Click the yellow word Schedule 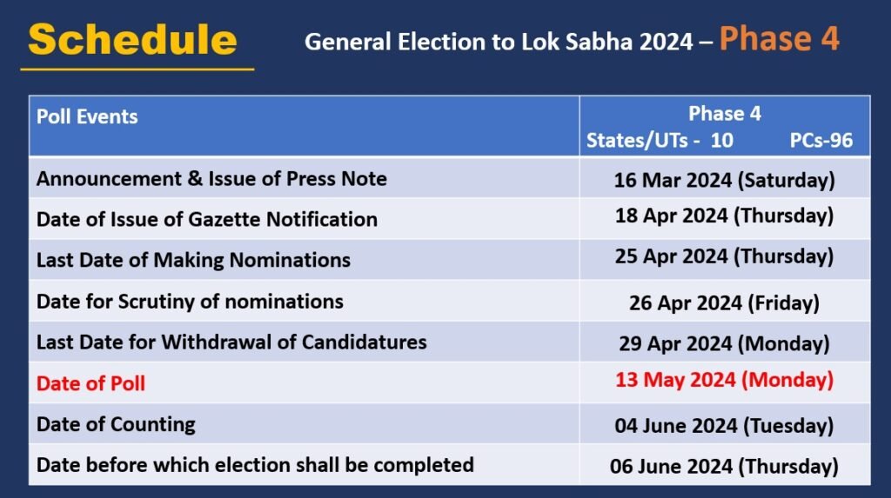click(132, 40)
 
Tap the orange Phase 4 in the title click(779, 39)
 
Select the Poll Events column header click(87, 117)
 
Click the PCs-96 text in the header click(821, 140)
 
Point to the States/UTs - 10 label click(660, 140)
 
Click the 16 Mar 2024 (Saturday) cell click(724, 180)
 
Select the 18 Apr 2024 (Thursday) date click(724, 216)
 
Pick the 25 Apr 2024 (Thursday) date click(724, 257)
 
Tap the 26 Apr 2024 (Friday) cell click(724, 302)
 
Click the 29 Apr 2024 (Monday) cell click(724, 343)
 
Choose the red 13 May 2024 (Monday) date click(724, 380)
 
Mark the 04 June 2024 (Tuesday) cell click(724, 426)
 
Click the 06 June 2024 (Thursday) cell click(724, 466)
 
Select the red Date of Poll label click(90, 383)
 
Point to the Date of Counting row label click(116, 424)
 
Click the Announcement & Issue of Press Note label click(211, 179)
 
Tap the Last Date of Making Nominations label click(193, 260)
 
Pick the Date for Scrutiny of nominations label click(190, 302)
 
